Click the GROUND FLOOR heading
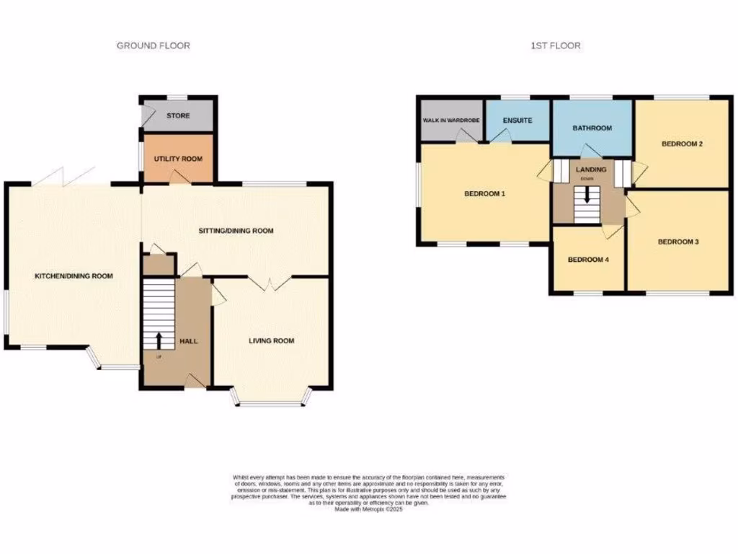[x=154, y=45]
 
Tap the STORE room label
[x=178, y=115]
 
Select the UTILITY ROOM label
[x=178, y=159]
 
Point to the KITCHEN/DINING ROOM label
[x=74, y=276]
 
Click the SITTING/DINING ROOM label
[x=236, y=231]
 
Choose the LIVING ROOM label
[x=272, y=340]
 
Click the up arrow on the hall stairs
[x=158, y=339]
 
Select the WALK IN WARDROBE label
[x=451, y=120]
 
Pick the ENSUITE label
[x=517, y=120]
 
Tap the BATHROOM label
[x=592, y=128]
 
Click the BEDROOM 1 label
[x=483, y=193]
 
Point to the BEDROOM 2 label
[x=682, y=144]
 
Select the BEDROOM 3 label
[x=678, y=242]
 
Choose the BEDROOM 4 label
[x=589, y=260]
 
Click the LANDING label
[x=591, y=170]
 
